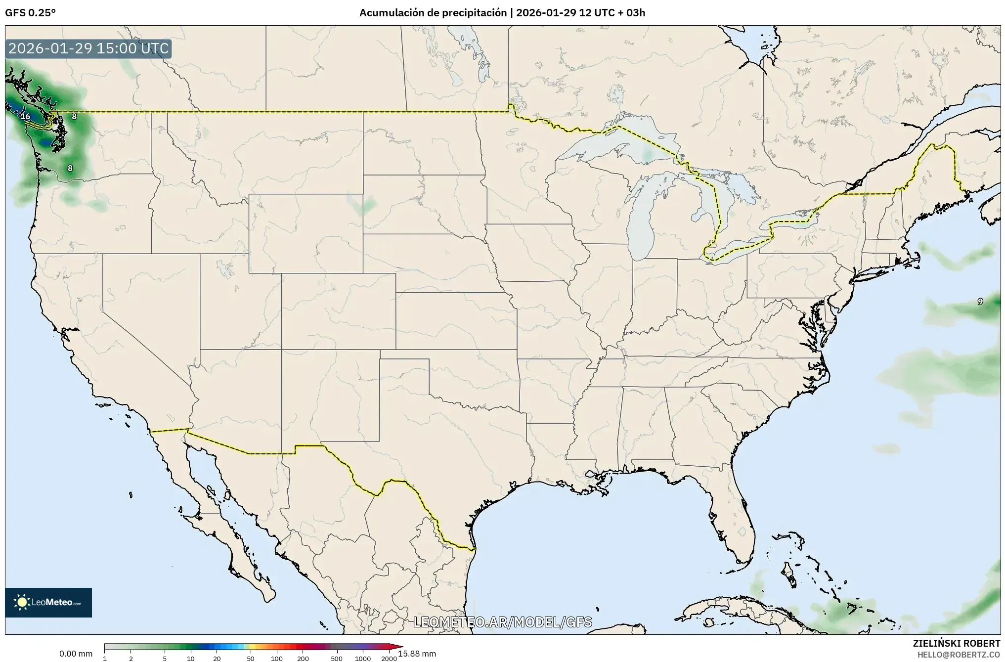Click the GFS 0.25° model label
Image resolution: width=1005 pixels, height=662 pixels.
[30, 13]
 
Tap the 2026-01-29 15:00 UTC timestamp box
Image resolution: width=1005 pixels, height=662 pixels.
[88, 48]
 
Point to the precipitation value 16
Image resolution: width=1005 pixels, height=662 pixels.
[26, 117]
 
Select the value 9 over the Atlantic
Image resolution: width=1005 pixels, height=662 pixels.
[980, 302]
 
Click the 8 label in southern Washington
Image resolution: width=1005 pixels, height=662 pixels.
[70, 168]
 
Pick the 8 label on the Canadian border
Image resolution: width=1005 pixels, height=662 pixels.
[74, 117]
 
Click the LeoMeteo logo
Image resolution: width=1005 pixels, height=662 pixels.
[48, 602]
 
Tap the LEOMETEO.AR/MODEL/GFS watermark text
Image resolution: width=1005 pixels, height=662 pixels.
[502, 622]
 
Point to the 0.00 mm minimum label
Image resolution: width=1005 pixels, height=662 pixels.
[76, 654]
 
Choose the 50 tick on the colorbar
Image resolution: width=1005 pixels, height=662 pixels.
[251, 659]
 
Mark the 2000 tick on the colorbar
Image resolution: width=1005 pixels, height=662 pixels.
[389, 659]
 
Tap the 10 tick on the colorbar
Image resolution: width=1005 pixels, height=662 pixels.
[191, 659]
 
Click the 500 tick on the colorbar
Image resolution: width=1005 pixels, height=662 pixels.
[337, 659]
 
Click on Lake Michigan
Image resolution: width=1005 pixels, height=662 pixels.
[641, 222]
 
